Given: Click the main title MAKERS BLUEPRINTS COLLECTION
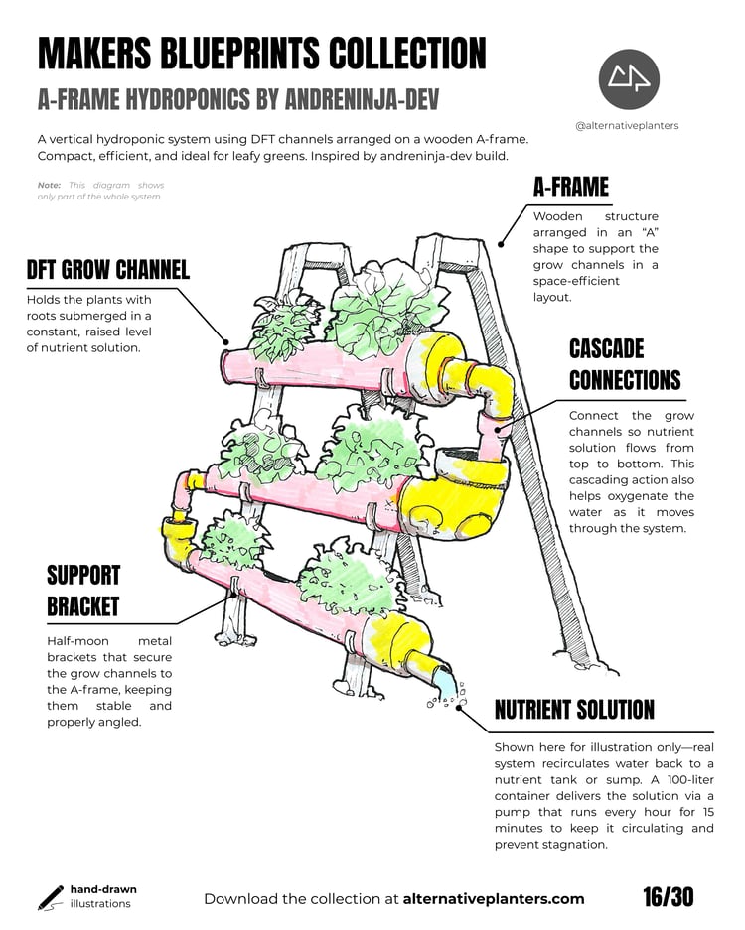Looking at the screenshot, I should coord(262,54).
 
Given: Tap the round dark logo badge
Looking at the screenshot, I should coord(629,78).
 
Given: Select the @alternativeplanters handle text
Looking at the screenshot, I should coord(627,126).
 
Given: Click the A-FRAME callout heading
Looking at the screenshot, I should coord(570,186).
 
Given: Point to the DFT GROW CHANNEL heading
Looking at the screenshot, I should coord(108,269).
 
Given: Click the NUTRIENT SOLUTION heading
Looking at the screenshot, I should coord(574,709).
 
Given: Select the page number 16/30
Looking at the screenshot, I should coord(668,897).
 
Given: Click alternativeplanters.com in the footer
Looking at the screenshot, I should coord(494,899).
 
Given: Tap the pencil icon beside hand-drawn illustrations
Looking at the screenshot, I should coord(50,897).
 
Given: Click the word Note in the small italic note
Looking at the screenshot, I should coord(49,185).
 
